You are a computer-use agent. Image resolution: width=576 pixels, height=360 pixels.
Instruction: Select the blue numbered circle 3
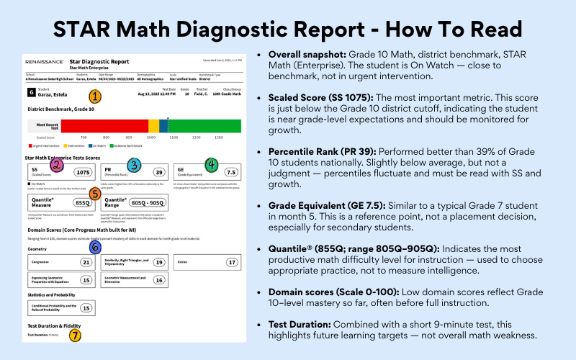click(133, 166)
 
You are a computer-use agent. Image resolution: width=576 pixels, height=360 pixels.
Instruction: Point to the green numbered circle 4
click(211, 165)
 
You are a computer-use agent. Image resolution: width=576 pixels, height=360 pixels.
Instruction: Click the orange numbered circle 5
click(94, 193)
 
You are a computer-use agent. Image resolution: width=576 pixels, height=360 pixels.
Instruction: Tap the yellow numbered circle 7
click(75, 334)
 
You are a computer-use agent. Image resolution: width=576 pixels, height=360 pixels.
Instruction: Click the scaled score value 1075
click(84, 173)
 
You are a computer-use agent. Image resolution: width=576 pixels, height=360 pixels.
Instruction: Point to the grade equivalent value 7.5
click(231, 173)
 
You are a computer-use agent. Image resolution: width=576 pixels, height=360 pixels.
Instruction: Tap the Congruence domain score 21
click(86, 263)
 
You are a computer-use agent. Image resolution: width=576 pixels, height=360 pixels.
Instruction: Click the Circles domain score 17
click(232, 263)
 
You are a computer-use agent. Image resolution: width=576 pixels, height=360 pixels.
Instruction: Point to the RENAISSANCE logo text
click(45, 62)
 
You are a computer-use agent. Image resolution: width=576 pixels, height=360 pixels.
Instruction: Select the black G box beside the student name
click(31, 93)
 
